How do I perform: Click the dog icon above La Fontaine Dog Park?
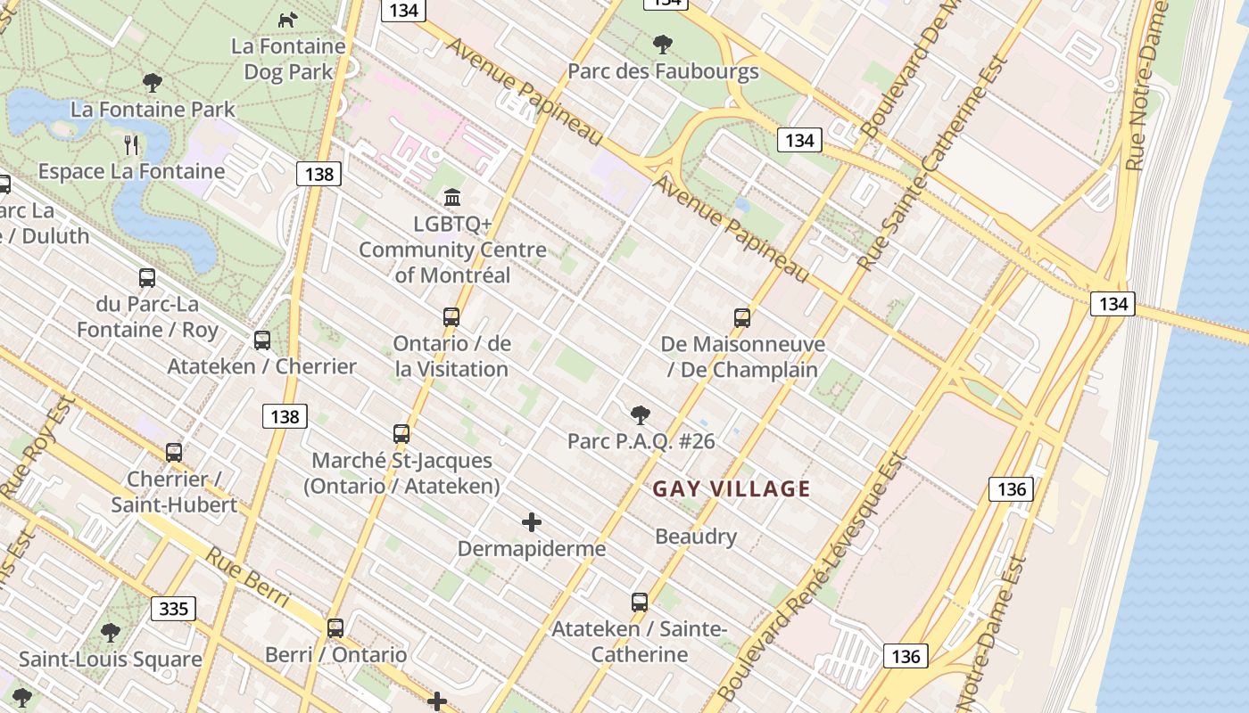click(x=287, y=20)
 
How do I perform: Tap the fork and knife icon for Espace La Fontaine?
click(x=131, y=144)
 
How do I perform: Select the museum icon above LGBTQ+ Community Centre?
click(x=452, y=197)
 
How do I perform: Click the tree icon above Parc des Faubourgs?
click(x=662, y=44)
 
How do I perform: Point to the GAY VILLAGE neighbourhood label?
click(x=732, y=488)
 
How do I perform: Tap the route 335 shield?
click(x=174, y=609)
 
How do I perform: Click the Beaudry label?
click(x=696, y=537)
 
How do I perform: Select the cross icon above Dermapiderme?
click(x=532, y=521)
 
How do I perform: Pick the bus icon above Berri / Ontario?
click(x=335, y=627)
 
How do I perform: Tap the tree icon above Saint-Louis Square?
click(x=111, y=633)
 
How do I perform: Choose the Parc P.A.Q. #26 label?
click(x=641, y=441)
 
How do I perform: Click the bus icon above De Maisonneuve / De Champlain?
click(x=741, y=317)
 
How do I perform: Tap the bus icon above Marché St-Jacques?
click(x=401, y=434)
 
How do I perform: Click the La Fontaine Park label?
click(x=153, y=110)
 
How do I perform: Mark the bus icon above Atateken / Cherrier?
click(x=262, y=340)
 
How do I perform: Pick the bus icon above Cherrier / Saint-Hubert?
click(x=174, y=452)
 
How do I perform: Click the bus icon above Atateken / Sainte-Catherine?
click(x=640, y=602)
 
